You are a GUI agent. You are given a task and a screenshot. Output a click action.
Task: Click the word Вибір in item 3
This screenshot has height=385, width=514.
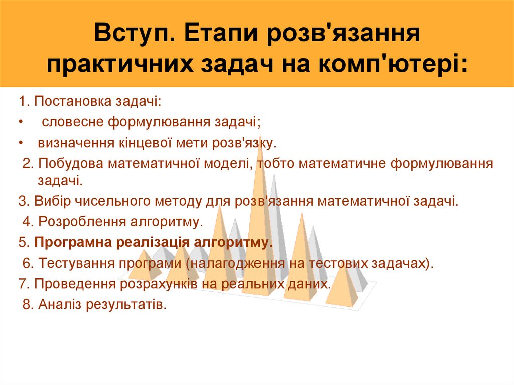click(x=48, y=202)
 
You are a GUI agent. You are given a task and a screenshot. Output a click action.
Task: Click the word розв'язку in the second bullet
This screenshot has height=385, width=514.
click(x=247, y=143)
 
